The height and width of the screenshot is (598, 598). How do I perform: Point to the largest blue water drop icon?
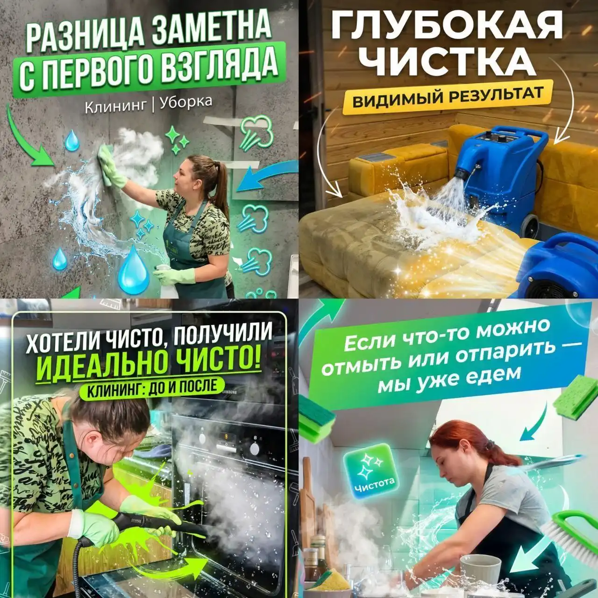click(x=133, y=271)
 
